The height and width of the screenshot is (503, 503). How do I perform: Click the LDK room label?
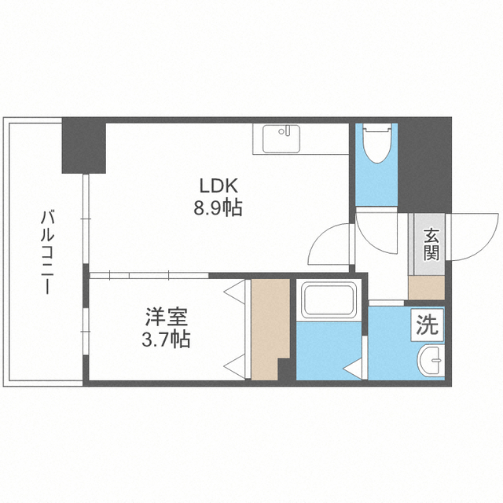click(x=218, y=186)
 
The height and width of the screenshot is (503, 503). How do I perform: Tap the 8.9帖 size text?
click(x=218, y=207)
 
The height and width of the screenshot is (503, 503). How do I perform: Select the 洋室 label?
click(x=166, y=317)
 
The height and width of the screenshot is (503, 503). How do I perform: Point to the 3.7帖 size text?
click(x=166, y=339)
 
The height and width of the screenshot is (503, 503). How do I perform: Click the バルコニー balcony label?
click(x=47, y=251)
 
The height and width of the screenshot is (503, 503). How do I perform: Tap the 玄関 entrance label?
click(x=431, y=244)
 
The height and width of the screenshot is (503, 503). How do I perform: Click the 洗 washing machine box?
click(x=428, y=325)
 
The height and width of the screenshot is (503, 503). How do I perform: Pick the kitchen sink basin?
click(x=281, y=139)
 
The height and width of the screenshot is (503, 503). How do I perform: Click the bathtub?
click(x=329, y=300)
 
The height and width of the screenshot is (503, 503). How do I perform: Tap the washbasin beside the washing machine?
click(x=431, y=360)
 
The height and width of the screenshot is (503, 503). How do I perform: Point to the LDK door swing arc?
click(x=323, y=241)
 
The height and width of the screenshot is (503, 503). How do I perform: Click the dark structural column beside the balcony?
click(x=84, y=145)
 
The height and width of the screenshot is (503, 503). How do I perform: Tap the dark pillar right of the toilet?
click(x=424, y=165)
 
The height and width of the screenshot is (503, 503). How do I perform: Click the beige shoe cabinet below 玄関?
click(x=427, y=288)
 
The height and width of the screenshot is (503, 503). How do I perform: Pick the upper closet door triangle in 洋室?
click(x=235, y=292)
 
